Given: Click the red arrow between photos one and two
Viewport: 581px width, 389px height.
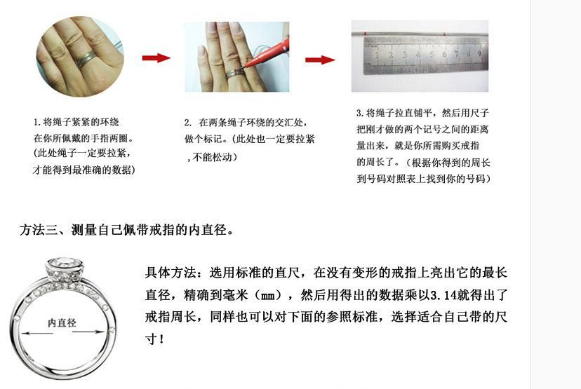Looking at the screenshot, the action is tap(156, 57).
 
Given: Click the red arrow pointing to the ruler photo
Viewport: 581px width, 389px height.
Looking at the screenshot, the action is tap(320, 60).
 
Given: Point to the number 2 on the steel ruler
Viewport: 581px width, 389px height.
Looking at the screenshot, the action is tap(391, 55).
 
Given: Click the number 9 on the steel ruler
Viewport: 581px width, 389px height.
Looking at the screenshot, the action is tap(479, 53).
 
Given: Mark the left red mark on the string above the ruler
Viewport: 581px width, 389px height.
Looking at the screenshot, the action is tap(365, 34).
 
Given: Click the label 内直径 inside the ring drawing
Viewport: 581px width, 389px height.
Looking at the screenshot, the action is tap(62, 322).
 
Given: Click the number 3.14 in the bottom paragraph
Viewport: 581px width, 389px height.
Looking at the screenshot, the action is tap(443, 295).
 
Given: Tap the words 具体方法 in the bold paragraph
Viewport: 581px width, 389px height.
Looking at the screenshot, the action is tap(171, 273).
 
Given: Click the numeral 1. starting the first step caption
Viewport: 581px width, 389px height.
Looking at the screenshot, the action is tap(36, 122).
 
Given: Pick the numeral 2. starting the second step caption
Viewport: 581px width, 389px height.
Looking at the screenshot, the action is tap(188, 123).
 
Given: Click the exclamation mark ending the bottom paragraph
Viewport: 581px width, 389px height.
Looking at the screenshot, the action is tap(161, 339).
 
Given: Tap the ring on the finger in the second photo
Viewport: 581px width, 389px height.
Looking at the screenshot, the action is tap(234, 74).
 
